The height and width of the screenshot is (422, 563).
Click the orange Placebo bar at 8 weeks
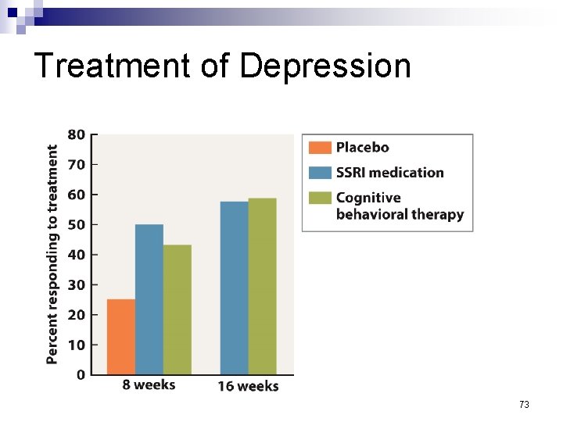tap(120, 336)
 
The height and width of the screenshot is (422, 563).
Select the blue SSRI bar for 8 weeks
tap(149, 299)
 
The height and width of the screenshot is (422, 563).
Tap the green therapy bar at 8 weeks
tap(177, 309)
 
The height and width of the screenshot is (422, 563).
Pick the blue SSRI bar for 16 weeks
tap(234, 288)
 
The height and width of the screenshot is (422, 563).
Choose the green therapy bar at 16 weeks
tap(262, 286)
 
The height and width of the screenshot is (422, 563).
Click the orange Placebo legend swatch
tap(320, 148)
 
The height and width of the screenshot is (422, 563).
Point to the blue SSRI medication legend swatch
tap(320, 173)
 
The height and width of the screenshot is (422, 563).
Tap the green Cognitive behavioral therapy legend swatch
tap(320, 198)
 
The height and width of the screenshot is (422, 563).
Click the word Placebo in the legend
tap(362, 148)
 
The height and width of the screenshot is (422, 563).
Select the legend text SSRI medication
tap(389, 173)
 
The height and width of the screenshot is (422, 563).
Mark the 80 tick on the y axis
tap(76, 134)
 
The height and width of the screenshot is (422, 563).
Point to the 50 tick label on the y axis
tap(76, 225)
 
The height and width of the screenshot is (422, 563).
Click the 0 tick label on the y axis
tap(81, 375)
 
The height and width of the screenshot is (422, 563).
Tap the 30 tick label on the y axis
tap(76, 285)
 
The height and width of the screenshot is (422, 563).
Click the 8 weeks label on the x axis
tap(149, 385)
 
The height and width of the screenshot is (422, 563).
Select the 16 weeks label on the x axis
tap(248, 386)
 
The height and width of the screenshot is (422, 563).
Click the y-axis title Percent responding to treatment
tap(52, 254)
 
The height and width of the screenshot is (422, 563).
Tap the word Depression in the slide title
tap(325, 66)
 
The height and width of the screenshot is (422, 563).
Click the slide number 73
tap(524, 405)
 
